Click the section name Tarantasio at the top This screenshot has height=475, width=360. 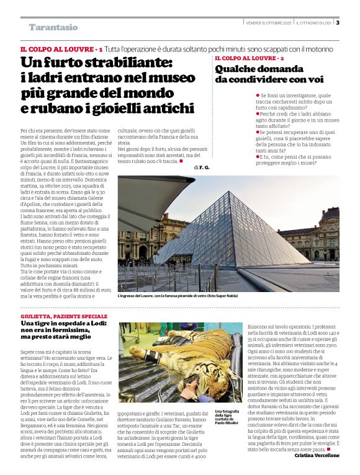pos(53,27)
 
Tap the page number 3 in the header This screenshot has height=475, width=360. pos(338,23)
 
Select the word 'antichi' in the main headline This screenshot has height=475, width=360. pos(164,108)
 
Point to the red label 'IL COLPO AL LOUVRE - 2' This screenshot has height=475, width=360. pos(249,58)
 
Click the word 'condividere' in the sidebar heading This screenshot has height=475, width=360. pos(249,79)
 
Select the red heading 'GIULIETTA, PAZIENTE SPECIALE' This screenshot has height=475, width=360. pos(64,316)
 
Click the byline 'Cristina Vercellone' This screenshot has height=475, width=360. pos(317,455)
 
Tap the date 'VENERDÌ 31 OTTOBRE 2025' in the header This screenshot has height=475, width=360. pos(268,23)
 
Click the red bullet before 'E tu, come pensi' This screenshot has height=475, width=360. pos(258,156)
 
